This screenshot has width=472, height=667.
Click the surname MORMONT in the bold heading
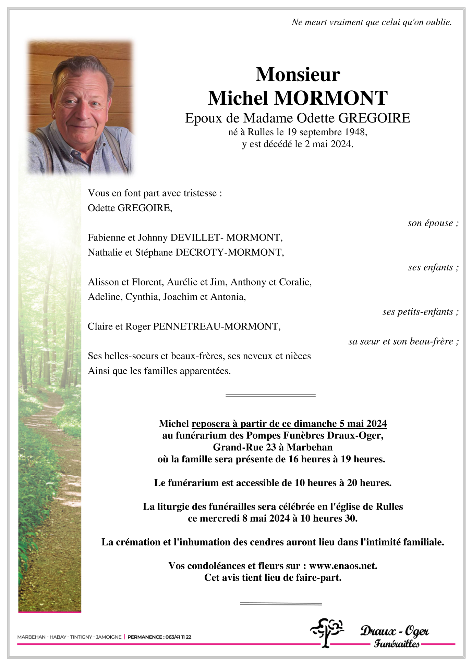(331, 98)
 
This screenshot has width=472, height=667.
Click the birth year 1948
(356, 132)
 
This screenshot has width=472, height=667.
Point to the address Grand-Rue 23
(244, 447)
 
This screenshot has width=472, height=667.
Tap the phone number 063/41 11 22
(178, 637)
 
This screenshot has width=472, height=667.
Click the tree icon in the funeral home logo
(326, 632)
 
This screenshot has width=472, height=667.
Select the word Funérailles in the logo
(396, 644)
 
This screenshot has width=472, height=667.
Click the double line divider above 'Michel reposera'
(270, 396)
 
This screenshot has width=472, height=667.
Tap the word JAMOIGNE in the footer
(109, 637)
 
